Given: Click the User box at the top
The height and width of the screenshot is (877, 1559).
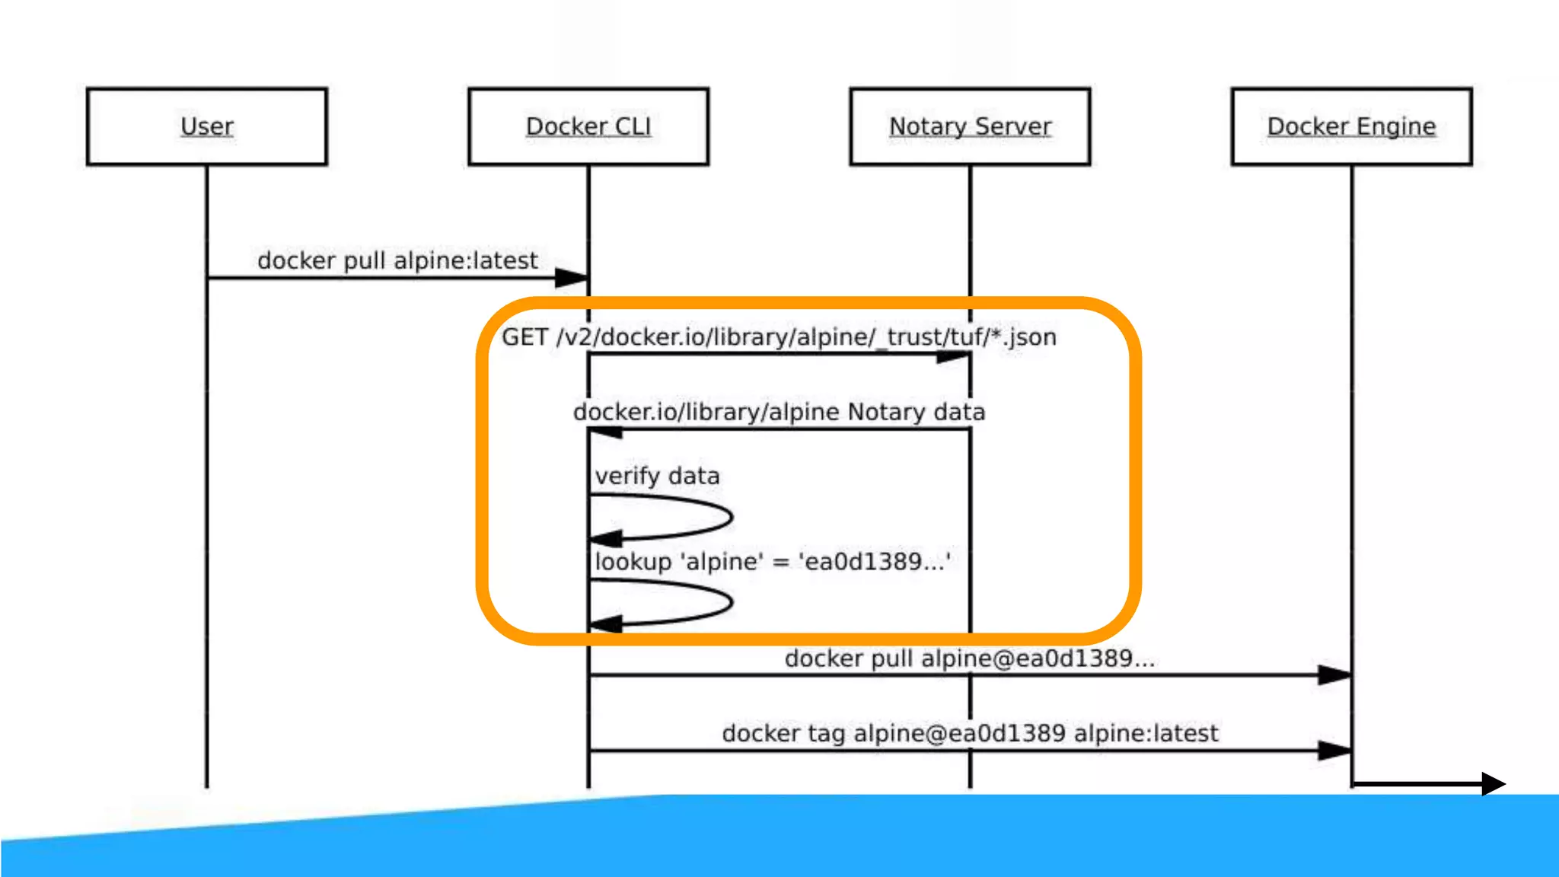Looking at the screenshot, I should coord(207,126).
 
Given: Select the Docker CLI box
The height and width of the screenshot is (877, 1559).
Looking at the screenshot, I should coord(588,126).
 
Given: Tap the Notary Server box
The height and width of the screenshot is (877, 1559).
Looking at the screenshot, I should coord(970,126).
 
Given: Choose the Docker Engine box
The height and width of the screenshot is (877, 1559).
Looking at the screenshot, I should coord(1351,126).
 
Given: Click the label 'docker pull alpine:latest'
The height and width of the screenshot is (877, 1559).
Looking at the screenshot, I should coord(397,260).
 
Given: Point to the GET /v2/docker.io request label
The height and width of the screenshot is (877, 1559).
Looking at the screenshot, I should coord(779,336).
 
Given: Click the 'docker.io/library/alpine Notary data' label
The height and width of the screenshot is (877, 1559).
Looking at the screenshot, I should coord(779,412).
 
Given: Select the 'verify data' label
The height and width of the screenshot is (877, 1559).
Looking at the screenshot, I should coord(657,477).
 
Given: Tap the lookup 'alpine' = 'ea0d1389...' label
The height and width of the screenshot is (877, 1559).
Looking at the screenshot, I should coord(772,562).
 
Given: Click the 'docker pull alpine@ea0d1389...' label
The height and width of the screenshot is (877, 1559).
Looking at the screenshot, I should coord(969,659).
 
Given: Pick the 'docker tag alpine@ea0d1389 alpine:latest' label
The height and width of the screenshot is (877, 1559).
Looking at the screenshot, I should coord(969,733).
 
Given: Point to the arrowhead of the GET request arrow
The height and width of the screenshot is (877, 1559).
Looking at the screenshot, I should coord(954,356).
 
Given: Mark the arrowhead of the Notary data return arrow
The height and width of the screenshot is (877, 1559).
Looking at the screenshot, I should coord(606,432).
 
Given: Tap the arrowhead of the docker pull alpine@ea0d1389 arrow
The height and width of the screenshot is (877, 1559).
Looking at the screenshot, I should coord(1334,674).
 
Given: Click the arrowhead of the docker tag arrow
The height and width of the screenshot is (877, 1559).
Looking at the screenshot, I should coord(1334,751).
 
